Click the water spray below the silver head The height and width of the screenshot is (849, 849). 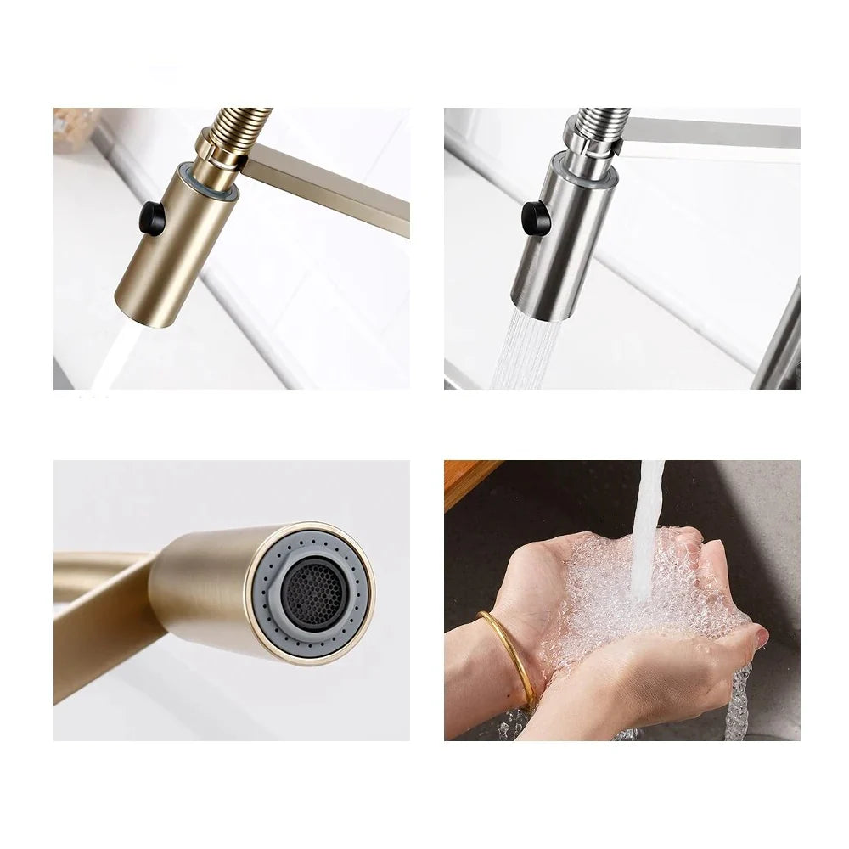pyautogui.click(x=523, y=353)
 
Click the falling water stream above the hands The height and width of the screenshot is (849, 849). pyautogui.click(x=649, y=509)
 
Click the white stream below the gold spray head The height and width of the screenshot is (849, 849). pyautogui.click(x=114, y=360)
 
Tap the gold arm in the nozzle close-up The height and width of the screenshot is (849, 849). pyautogui.click(x=102, y=620)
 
